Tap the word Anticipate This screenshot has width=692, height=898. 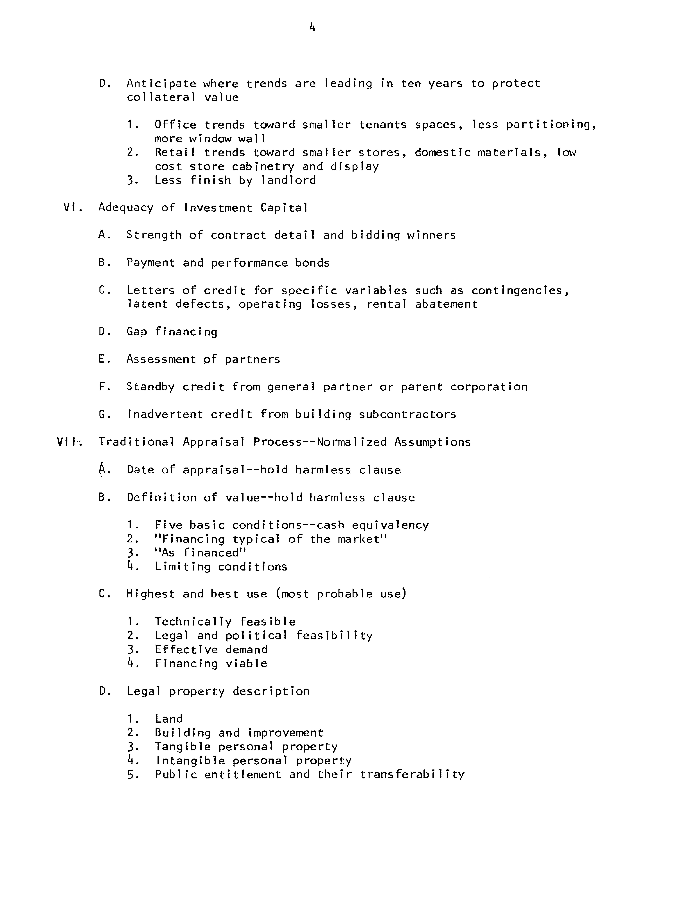click(161, 83)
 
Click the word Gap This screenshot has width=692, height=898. click(137, 332)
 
